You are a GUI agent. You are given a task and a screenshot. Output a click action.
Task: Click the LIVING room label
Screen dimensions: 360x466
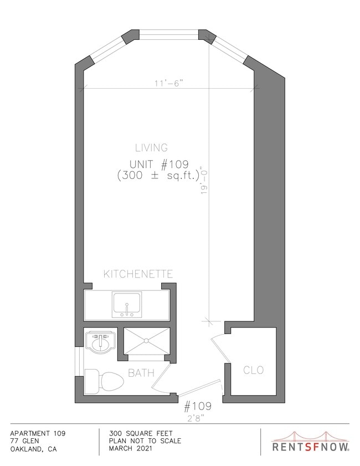click(x=152, y=148)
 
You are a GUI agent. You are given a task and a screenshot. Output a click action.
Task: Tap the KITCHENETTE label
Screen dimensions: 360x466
click(x=138, y=274)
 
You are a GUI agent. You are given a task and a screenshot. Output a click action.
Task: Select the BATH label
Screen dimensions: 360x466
click(x=141, y=373)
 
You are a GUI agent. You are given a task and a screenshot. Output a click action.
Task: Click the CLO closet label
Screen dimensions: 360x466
click(x=253, y=370)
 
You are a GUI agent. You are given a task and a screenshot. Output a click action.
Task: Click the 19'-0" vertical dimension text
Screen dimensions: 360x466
click(x=204, y=181)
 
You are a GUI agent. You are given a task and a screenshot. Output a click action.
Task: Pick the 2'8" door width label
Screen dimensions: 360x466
click(x=194, y=418)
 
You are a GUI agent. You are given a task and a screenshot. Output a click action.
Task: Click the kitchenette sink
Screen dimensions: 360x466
click(x=127, y=304)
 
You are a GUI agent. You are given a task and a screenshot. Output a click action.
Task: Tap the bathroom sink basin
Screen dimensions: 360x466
click(x=100, y=343)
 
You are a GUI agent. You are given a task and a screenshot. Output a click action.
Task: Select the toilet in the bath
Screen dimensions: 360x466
click(x=104, y=381)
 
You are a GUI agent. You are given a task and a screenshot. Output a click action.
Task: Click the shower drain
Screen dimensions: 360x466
click(x=146, y=341)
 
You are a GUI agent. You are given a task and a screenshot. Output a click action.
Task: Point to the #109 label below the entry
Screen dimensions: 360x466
click(x=198, y=406)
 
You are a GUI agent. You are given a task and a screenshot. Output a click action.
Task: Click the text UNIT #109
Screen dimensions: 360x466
click(x=159, y=164)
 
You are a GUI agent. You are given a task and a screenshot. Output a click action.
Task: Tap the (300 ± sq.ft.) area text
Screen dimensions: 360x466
click(x=158, y=176)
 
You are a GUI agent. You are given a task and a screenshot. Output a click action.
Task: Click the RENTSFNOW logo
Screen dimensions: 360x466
click(x=311, y=441)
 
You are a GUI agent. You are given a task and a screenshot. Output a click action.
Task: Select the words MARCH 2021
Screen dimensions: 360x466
click(x=130, y=448)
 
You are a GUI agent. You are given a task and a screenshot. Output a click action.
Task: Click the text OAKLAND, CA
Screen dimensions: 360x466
click(x=33, y=449)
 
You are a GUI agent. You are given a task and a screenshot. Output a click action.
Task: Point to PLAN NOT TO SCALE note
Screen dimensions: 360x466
click(x=145, y=441)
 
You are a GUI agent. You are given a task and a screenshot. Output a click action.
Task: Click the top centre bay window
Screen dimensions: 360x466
click(x=169, y=34)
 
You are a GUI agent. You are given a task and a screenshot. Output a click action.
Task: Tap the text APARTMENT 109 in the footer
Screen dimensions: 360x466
click(x=38, y=434)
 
